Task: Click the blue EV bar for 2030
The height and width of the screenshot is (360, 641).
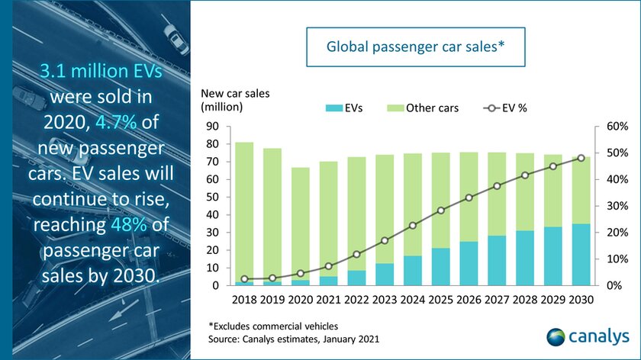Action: tap(581, 255)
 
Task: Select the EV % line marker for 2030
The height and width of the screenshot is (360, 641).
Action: tap(581, 158)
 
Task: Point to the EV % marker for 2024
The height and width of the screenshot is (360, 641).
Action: tap(413, 225)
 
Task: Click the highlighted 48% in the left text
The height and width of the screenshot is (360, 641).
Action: tap(90, 230)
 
